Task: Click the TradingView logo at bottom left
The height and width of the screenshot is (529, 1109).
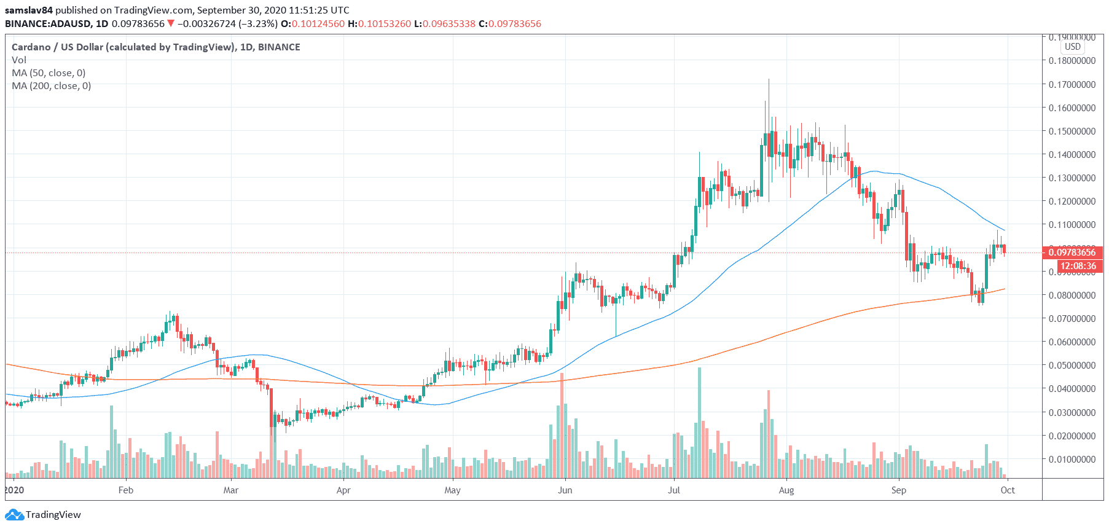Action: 43,515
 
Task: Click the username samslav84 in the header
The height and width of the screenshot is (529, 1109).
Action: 29,10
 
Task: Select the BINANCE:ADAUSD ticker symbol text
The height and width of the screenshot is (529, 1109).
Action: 48,24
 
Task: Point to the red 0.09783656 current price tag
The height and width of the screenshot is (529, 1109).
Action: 1072,253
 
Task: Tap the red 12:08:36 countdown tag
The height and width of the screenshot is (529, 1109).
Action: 1078,266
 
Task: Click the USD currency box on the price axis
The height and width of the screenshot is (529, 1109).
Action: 1073,47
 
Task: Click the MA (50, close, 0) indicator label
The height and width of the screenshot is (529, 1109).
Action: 49,73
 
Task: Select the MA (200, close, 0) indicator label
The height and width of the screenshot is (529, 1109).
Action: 51,86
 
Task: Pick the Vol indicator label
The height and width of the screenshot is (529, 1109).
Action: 19,60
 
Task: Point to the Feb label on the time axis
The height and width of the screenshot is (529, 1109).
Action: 125,490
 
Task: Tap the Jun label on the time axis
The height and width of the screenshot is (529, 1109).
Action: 565,490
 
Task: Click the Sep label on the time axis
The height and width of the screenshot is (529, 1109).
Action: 898,490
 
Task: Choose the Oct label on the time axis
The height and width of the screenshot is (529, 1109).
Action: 1008,490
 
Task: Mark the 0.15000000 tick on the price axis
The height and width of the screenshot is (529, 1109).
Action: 1072,131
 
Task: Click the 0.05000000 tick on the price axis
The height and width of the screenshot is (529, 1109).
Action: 1072,366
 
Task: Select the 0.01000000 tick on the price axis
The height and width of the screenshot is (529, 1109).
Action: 1072,460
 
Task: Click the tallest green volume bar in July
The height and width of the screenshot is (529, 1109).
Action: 699,424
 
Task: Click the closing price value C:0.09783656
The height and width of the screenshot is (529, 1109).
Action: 510,24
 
